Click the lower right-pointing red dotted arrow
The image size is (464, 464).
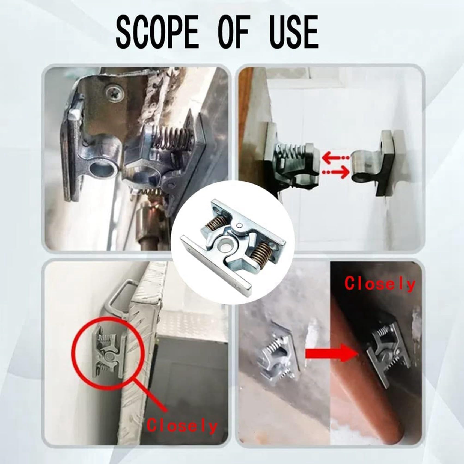(x=336, y=172)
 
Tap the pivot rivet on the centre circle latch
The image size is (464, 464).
(x=239, y=225)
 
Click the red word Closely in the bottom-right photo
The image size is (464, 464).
(x=380, y=284)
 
